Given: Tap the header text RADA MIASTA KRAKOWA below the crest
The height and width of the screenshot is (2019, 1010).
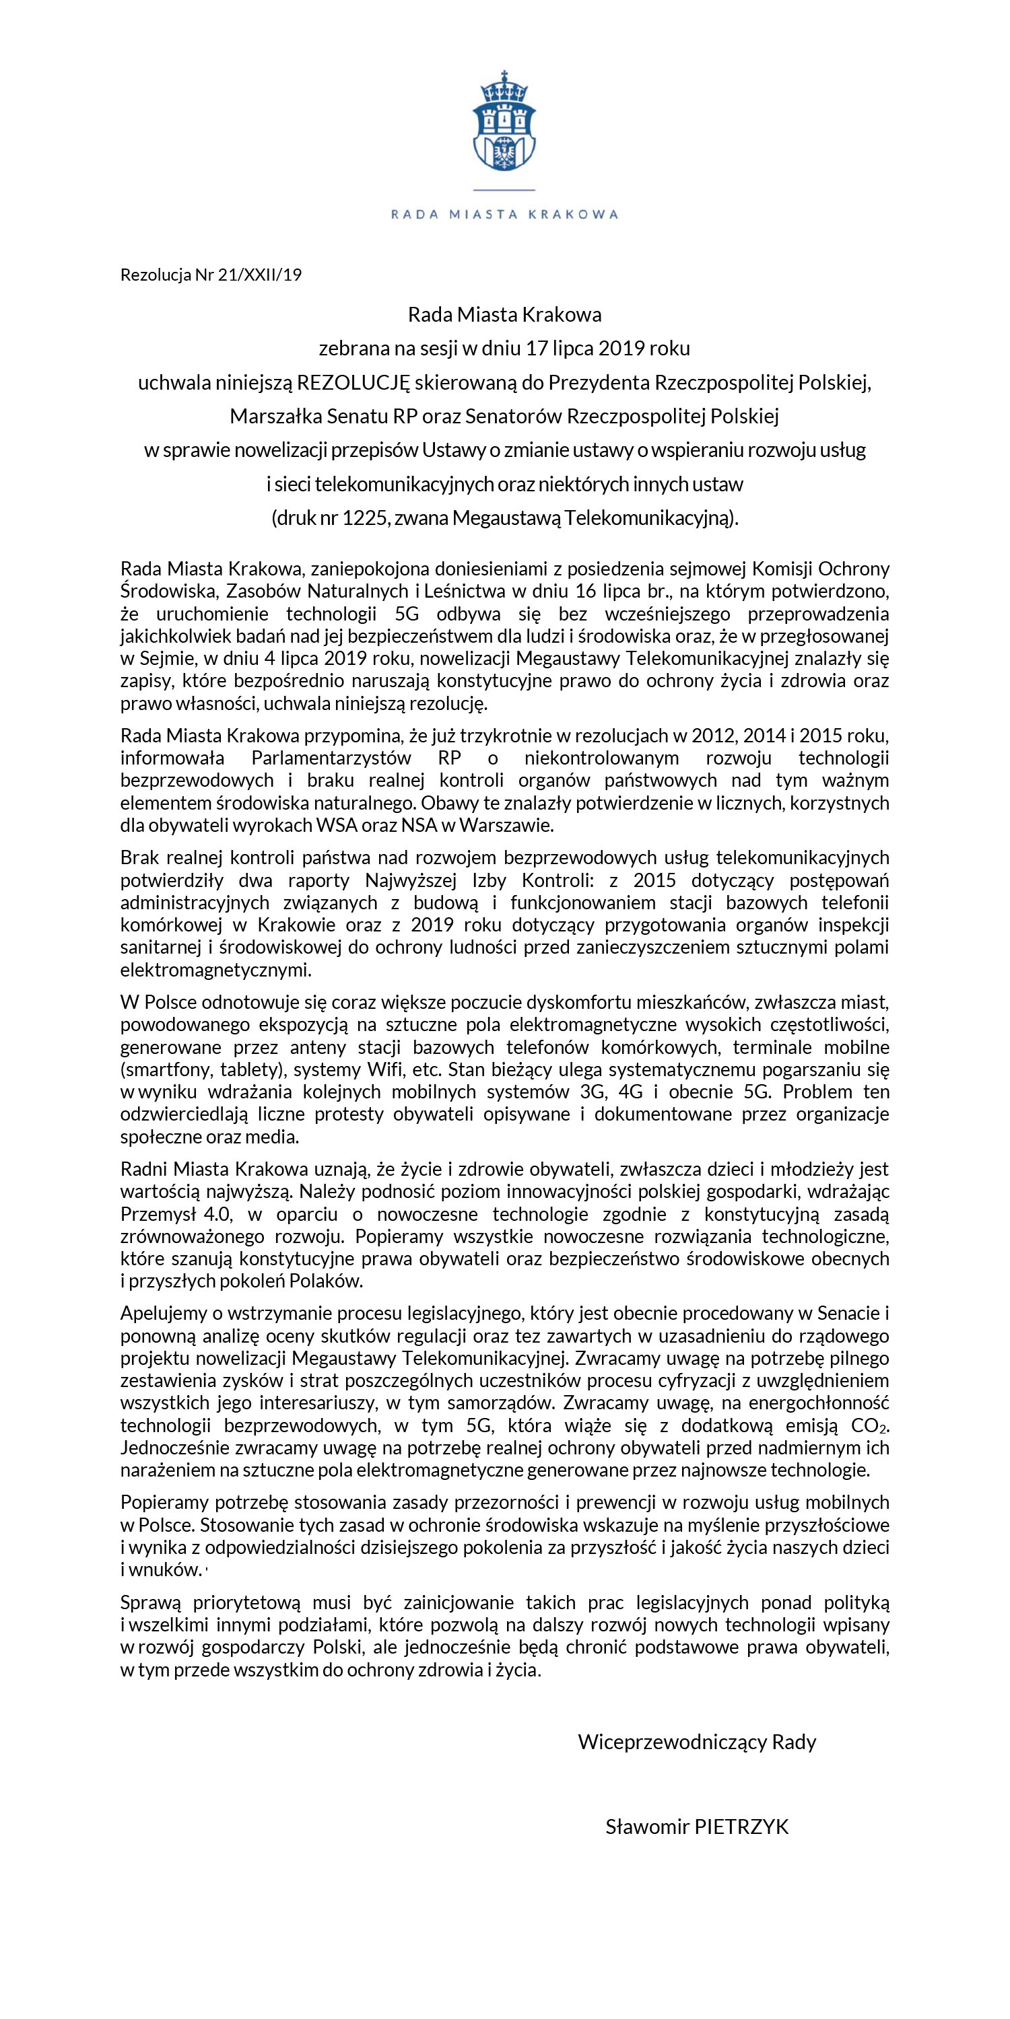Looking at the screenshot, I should pos(504,214).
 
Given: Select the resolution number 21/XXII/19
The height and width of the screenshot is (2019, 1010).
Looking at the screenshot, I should pos(263,275).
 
